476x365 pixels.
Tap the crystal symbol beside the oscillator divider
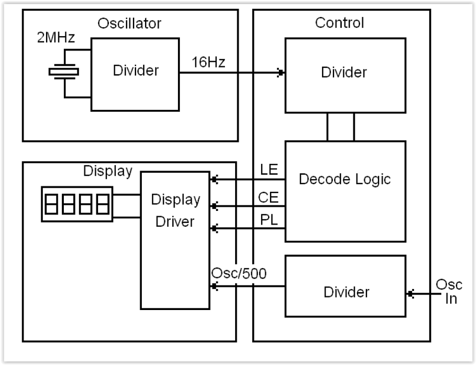[63, 72]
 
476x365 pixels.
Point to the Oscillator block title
[129, 23]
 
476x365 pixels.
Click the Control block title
[339, 23]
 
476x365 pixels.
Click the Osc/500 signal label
[239, 274]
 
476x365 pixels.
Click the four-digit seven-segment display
[77, 203]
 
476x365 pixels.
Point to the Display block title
[107, 171]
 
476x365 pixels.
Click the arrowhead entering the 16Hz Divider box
[281, 73]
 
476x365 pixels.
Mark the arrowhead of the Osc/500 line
[215, 286]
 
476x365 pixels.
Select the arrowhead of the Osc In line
[410, 295]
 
